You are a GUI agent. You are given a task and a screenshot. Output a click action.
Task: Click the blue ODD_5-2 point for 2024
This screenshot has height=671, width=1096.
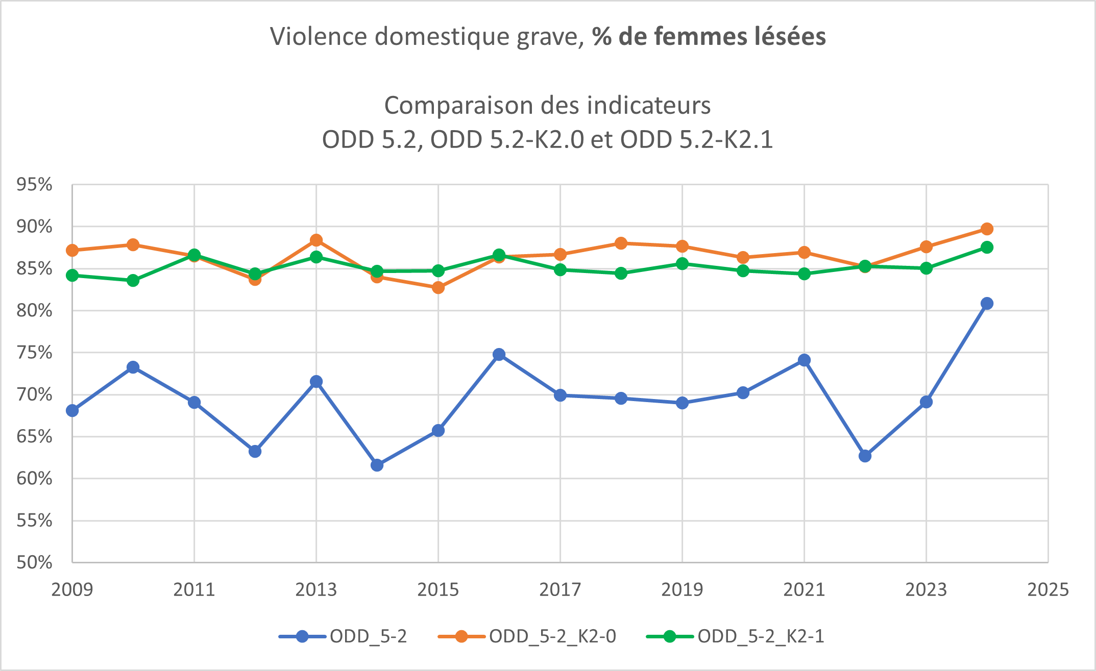click(987, 304)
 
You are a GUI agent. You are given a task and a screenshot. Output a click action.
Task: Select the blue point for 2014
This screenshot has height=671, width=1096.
click(377, 465)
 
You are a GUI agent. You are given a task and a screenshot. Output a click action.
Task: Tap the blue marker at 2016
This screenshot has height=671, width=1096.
click(499, 355)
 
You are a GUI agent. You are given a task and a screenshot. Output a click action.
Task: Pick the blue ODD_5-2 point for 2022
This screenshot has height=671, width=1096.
click(865, 456)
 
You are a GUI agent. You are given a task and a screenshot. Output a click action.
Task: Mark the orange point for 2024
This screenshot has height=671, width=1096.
click(987, 229)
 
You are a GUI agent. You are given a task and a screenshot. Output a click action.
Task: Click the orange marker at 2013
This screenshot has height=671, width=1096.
click(316, 240)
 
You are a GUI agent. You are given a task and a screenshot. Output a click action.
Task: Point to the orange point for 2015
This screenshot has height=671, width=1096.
click(438, 288)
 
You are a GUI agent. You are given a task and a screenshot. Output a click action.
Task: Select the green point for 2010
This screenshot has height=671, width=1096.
click(133, 281)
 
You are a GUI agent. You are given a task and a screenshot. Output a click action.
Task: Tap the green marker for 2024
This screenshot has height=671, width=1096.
click(987, 247)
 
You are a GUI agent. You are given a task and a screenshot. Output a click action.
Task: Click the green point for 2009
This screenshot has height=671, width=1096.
click(72, 276)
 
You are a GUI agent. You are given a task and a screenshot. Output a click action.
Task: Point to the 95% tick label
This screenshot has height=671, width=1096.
click(35, 185)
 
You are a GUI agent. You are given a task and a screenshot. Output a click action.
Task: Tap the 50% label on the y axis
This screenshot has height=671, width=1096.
click(35, 562)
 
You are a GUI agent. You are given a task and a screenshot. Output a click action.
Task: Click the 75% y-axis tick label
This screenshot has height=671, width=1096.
click(35, 353)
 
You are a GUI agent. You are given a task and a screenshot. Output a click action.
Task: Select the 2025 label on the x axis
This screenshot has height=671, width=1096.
click(1048, 590)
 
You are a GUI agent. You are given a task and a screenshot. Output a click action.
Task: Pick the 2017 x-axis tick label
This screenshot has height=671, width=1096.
click(560, 590)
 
